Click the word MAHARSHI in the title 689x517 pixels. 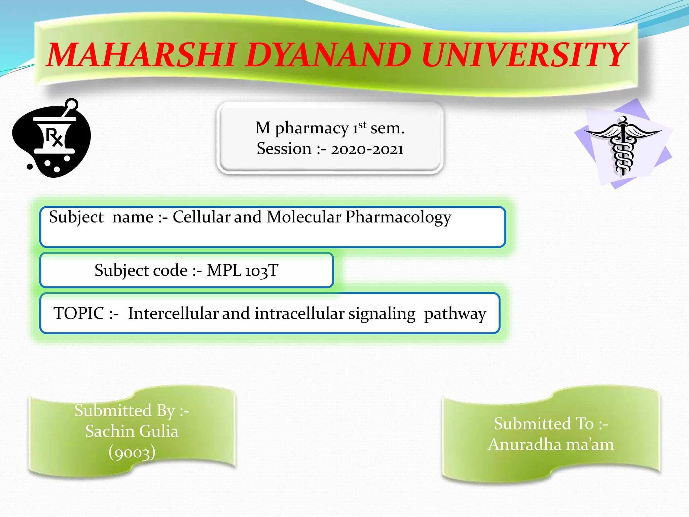141,55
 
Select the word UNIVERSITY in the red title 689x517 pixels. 523,55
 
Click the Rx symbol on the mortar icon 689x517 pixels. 54,137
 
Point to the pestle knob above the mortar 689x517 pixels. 72,104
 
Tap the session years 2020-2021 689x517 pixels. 367,149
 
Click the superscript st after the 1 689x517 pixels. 362,125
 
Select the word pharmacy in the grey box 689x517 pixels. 312,129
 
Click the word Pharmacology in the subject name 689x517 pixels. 398,217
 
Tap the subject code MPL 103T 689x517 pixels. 243,270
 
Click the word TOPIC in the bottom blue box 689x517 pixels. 79,313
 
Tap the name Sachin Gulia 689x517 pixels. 132,431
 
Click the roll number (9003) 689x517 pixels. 132,452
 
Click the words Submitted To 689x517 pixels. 544,424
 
